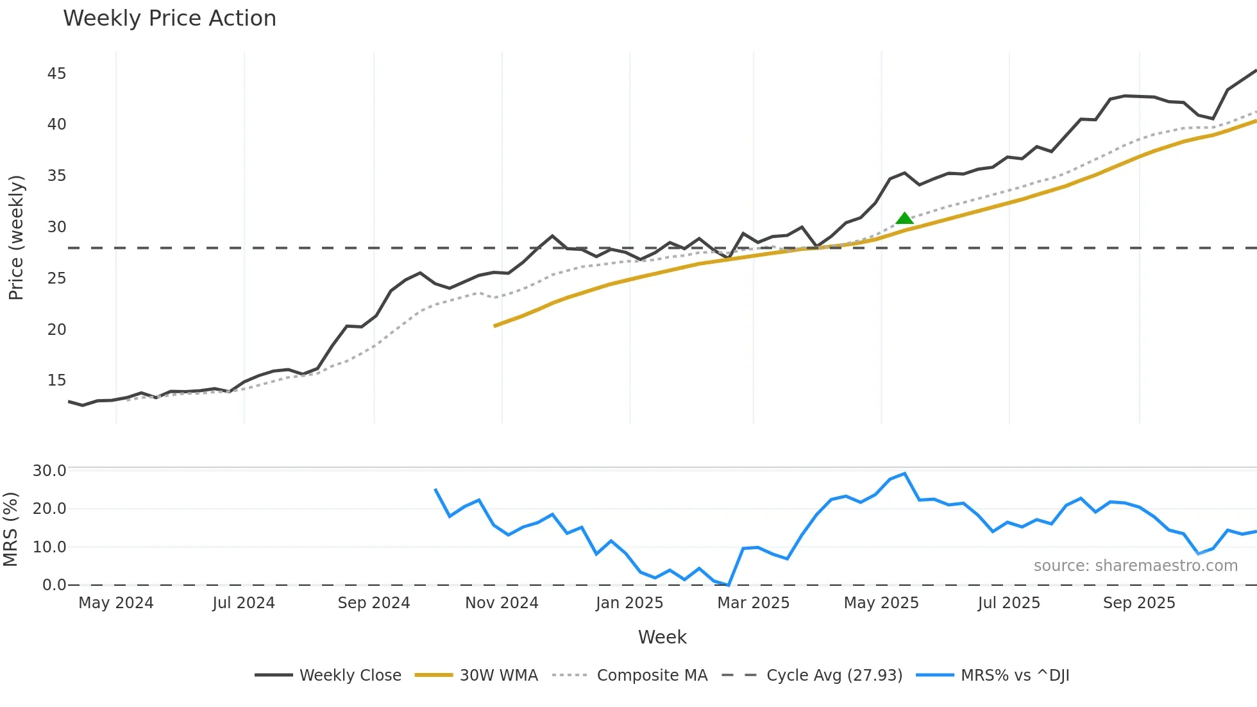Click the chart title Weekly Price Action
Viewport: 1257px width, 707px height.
pos(169,19)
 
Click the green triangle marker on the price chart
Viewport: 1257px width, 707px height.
pos(904,219)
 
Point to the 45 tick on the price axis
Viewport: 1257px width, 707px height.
pos(56,74)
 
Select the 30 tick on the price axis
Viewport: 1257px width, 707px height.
pos(56,227)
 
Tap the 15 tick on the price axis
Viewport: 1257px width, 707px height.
pos(56,380)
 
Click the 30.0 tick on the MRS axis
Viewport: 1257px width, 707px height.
pos(49,471)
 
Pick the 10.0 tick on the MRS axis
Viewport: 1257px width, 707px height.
pos(49,547)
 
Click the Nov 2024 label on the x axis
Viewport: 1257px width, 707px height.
pos(502,603)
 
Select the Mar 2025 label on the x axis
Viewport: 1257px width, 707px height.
pos(753,603)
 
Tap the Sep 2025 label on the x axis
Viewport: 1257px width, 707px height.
pos(1139,603)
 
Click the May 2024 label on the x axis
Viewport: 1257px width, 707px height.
pos(116,603)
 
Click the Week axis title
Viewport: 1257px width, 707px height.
pos(662,637)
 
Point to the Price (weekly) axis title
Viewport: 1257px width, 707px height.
pos(16,237)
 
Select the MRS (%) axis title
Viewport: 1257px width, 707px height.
pos(10,529)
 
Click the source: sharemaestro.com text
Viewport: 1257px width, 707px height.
pos(1135,566)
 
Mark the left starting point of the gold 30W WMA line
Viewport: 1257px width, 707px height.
pos(495,326)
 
